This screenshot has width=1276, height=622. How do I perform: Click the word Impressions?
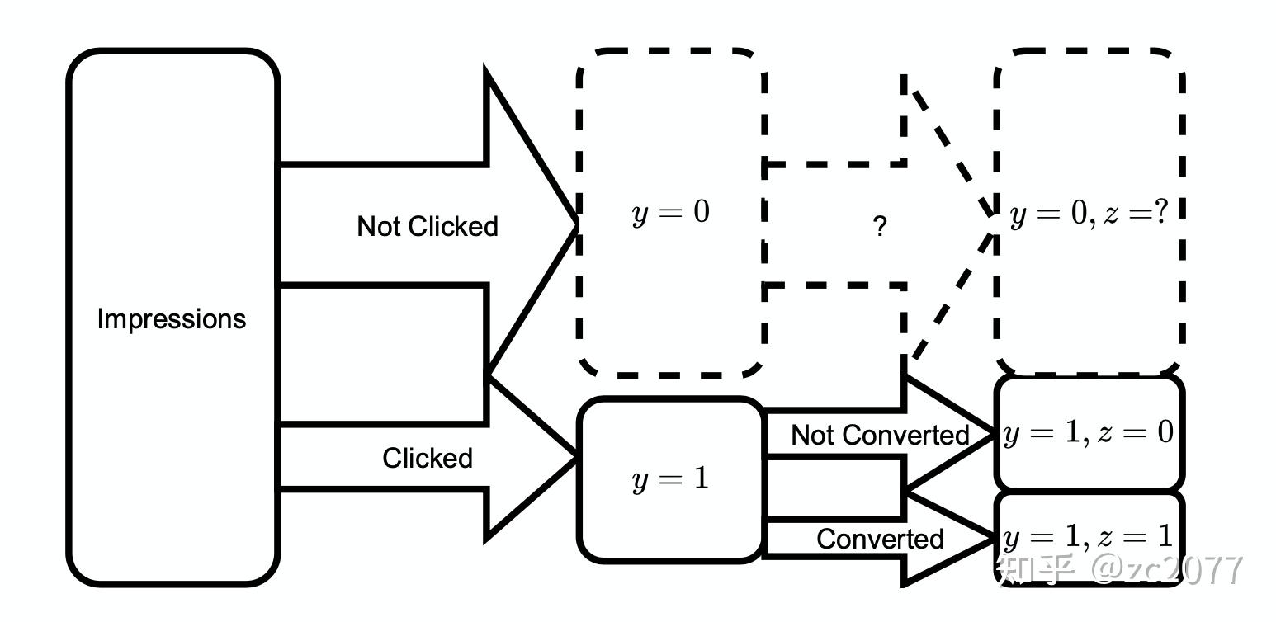click(x=172, y=318)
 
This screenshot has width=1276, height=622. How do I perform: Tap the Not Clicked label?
click(x=428, y=226)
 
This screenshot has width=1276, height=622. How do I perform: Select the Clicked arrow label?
click(x=428, y=458)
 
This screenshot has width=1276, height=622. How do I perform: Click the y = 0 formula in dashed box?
click(x=670, y=213)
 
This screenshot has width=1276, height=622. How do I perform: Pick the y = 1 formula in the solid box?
click(x=670, y=479)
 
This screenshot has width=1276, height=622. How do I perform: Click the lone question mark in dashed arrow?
click(x=880, y=226)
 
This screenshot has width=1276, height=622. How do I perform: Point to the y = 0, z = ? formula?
click(x=1089, y=215)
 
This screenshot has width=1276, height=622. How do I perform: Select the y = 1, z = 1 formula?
click(x=1088, y=537)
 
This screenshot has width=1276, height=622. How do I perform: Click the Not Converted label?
click(x=880, y=435)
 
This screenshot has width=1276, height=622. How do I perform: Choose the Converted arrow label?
click(x=880, y=539)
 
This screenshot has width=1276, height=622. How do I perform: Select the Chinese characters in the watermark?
click(x=1037, y=570)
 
